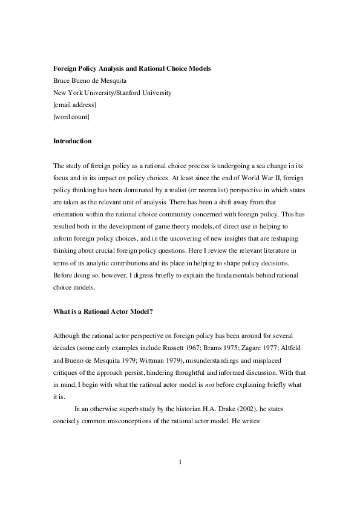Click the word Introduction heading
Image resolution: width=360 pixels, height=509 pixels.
(x=73, y=141)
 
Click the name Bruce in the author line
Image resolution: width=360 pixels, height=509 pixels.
(x=64, y=81)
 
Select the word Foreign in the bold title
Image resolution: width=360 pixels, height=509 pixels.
(x=67, y=69)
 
